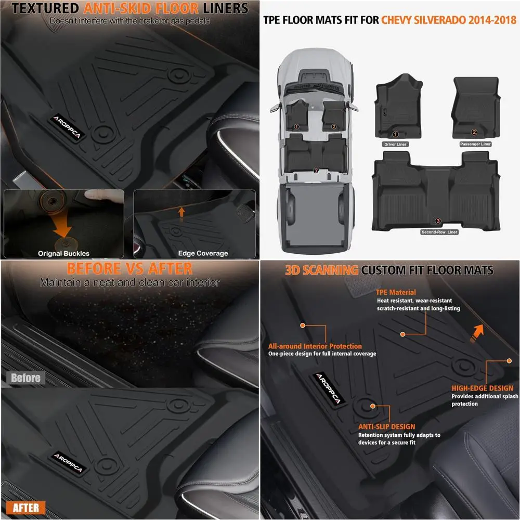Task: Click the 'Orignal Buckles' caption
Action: tap(63, 253)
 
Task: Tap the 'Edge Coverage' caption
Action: tap(203, 253)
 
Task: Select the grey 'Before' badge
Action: tap(25, 378)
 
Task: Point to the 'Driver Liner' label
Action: tap(395, 144)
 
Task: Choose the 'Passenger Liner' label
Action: tap(475, 144)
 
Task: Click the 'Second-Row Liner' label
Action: tap(439, 232)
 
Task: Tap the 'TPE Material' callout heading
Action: tap(396, 292)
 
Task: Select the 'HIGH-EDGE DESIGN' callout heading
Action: tap(482, 388)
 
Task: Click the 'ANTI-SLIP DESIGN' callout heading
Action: tap(386, 426)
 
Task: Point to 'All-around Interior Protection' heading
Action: tap(315, 346)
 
